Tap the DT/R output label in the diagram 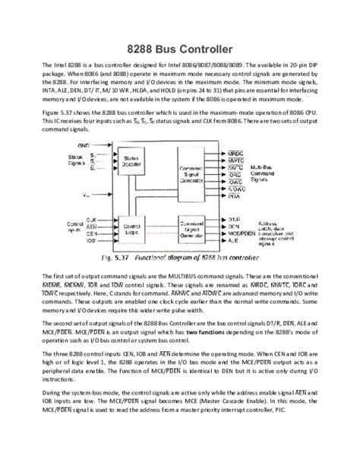tap(234, 217)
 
